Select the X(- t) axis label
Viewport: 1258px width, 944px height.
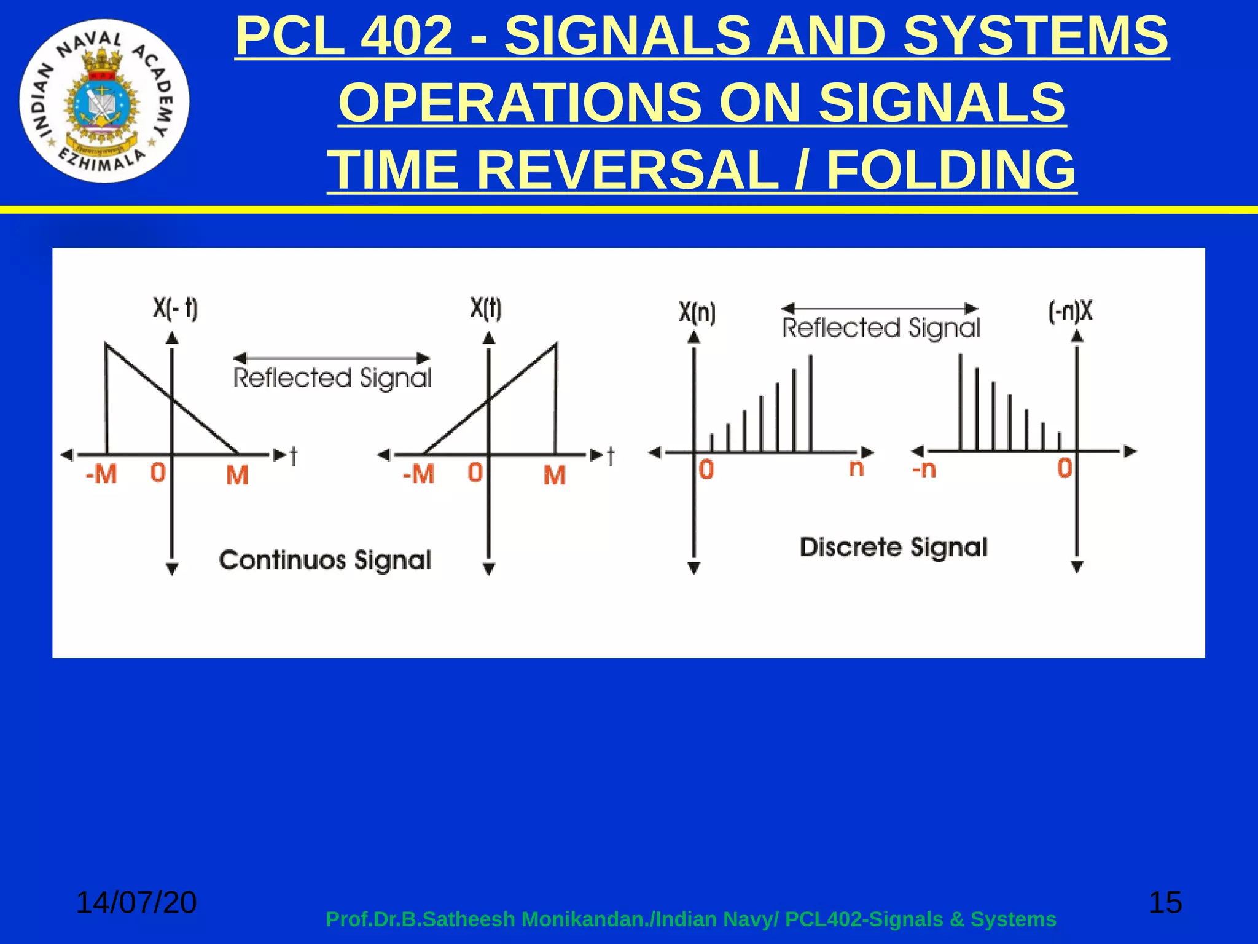click(x=176, y=309)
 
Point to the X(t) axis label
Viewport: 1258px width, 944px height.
click(x=486, y=308)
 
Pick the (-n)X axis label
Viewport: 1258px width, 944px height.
click(x=1071, y=311)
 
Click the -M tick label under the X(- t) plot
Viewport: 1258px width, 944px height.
click(x=101, y=474)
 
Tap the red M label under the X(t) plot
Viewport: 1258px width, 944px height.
click(x=555, y=475)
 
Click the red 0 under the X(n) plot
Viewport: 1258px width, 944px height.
click(x=706, y=470)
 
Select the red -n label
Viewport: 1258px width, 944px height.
click(x=924, y=470)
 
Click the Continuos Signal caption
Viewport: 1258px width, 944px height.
click(x=325, y=560)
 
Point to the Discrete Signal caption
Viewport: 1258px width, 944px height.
click(x=893, y=547)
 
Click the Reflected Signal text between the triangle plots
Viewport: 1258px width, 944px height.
click(x=332, y=378)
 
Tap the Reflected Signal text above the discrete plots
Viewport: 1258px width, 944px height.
click(x=881, y=328)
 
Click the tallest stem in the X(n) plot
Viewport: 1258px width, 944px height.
click(x=811, y=403)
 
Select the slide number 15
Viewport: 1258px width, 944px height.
click(x=1165, y=902)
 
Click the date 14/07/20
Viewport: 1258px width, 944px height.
click(x=136, y=902)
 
